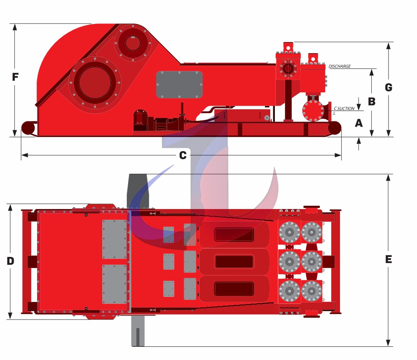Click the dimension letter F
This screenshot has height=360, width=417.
pos(15,77)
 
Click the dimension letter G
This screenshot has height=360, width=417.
pos(389,87)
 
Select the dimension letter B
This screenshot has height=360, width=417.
pos(372,101)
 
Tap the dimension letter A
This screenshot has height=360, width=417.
pos(359,123)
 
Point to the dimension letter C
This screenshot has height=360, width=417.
pos(183,155)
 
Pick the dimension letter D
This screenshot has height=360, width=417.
pos(10,261)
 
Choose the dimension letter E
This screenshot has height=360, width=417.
pos(389,259)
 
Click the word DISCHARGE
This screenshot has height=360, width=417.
pos(340,66)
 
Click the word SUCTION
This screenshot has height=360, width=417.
pos(346,108)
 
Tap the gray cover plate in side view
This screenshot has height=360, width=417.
pos(179,85)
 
